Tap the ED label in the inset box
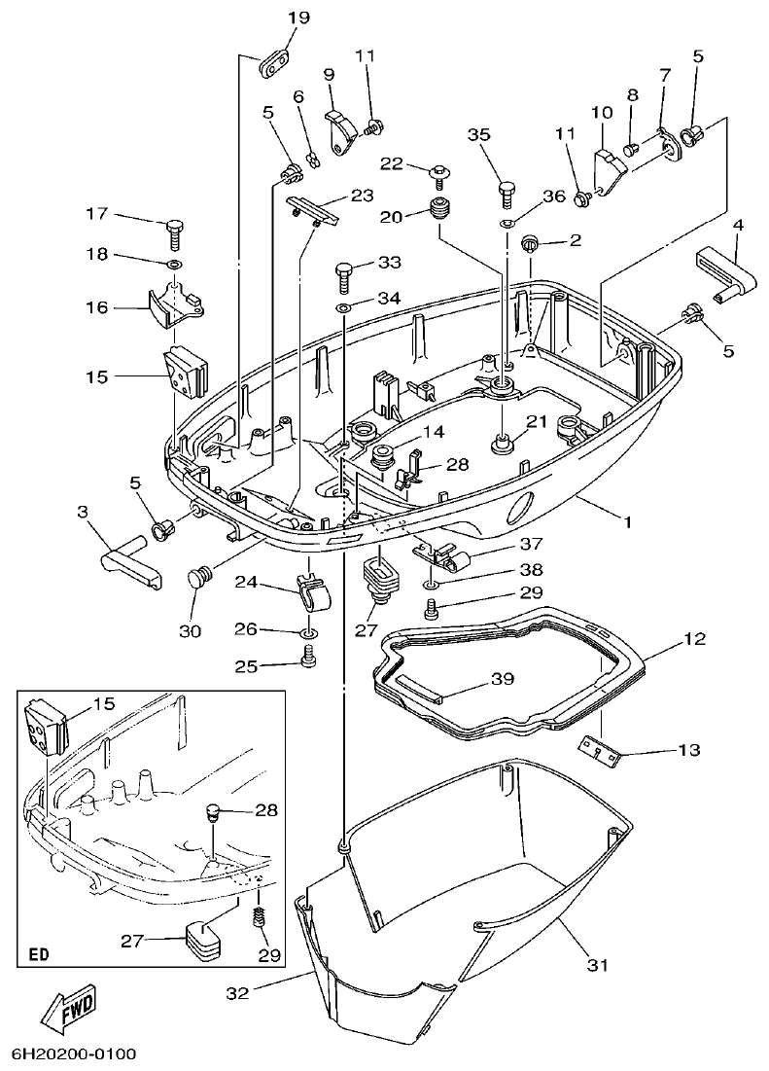pos(39,953)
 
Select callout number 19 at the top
pos(298,18)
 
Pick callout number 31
pos(597,965)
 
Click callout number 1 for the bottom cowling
pos(628,521)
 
